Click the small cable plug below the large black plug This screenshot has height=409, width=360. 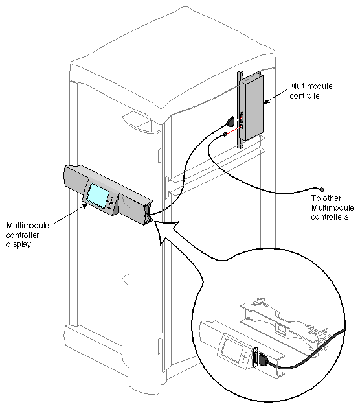tap(223, 135)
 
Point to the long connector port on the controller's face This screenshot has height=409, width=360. tap(242, 121)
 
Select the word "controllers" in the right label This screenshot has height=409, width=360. tap(330, 217)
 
